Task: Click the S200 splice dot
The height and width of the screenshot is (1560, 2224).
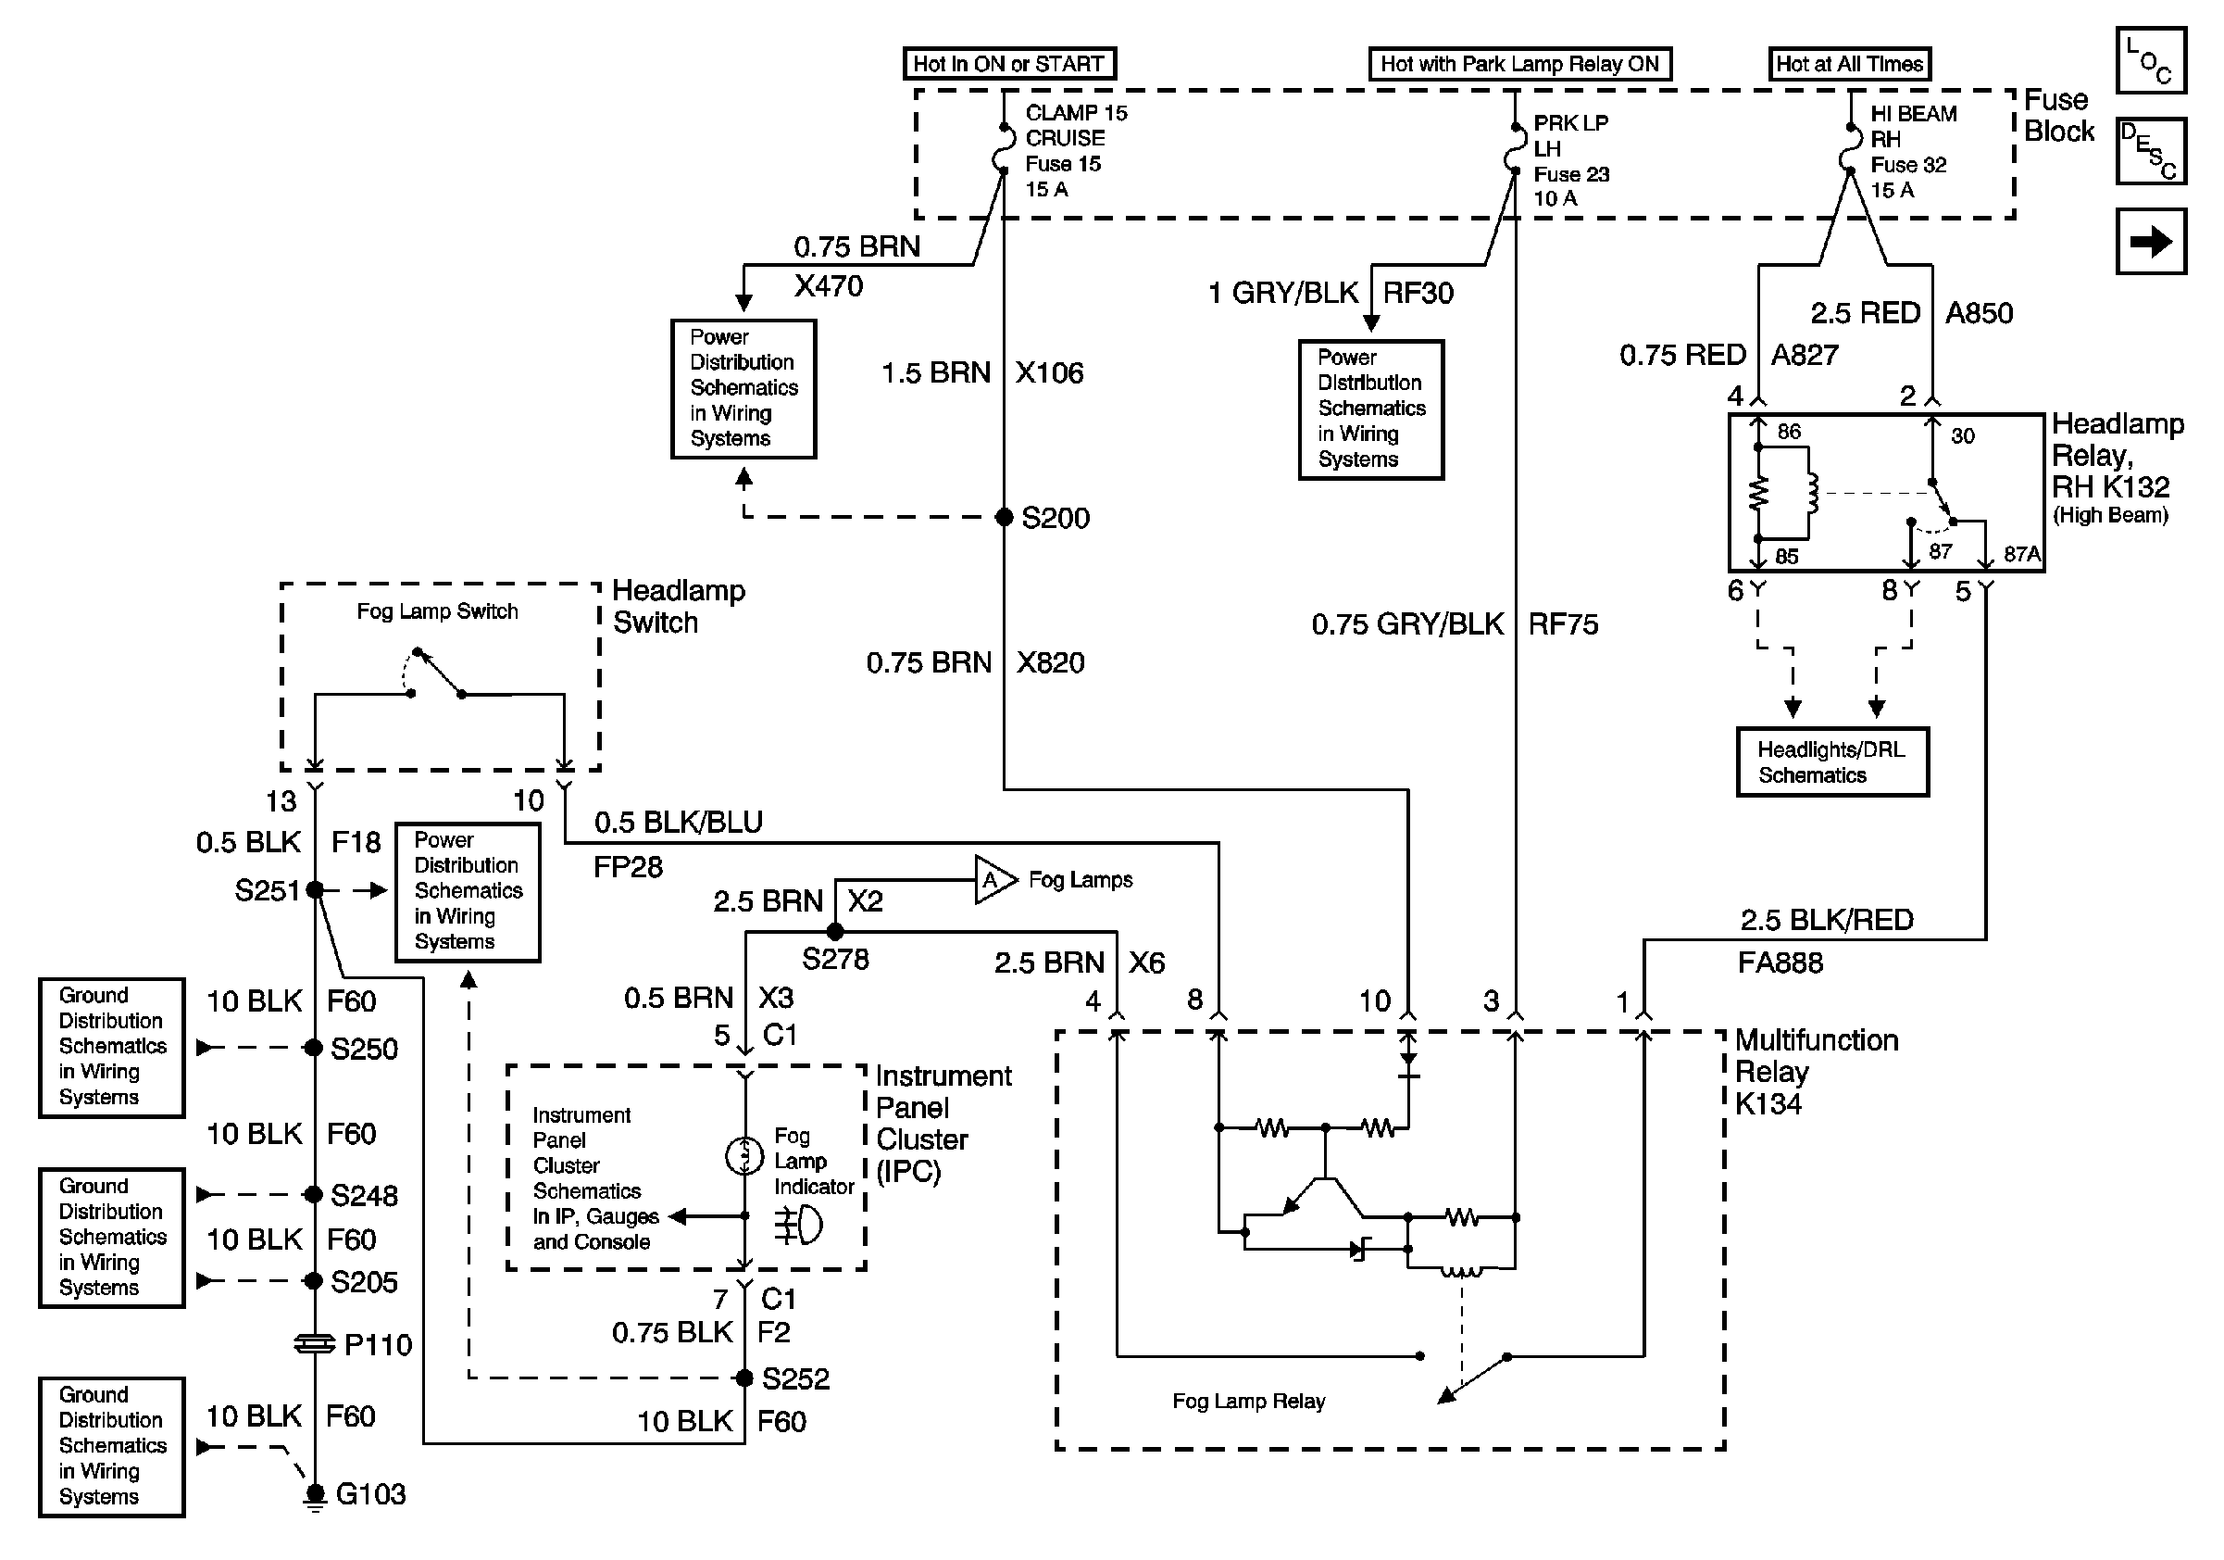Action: [1005, 518]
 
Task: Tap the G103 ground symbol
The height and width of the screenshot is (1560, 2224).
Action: [314, 1495]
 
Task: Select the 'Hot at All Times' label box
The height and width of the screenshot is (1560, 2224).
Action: [1849, 64]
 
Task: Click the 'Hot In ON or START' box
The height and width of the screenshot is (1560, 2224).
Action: [1008, 64]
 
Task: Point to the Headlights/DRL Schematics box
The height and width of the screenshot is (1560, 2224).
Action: [1831, 762]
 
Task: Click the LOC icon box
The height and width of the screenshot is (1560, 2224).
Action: [2150, 60]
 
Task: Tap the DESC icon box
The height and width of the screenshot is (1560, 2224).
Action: [2150, 150]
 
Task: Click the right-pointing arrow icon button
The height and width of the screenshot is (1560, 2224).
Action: [2150, 241]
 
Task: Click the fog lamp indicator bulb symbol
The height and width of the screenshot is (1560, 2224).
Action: [743, 1155]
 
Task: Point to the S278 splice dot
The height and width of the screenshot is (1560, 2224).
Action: [835, 932]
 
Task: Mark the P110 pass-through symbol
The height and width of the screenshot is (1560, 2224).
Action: [314, 1344]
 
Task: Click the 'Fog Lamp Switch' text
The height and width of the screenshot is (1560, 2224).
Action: [437, 611]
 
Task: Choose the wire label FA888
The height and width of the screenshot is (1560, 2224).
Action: [1780, 962]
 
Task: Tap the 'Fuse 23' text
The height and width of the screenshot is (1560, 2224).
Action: [1571, 174]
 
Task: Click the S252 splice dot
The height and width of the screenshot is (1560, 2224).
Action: [743, 1378]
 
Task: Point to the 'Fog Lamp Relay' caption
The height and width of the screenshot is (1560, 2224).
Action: [1247, 1401]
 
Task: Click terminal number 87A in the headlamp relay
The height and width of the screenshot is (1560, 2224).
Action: [2021, 554]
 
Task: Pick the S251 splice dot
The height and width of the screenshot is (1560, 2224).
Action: [314, 889]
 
